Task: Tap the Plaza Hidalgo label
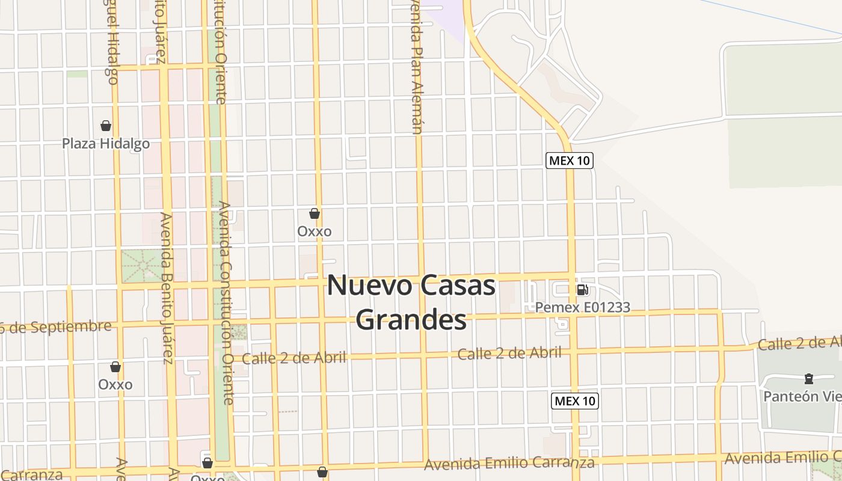coord(106,144)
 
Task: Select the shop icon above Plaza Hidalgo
coord(106,126)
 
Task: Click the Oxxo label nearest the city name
coord(314,231)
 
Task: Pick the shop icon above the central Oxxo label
coord(314,213)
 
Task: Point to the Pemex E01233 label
coord(582,308)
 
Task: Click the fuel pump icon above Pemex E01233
coord(582,290)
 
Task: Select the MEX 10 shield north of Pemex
coord(569,161)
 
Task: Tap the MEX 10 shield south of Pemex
coord(575,401)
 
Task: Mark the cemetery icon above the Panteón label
coord(808,379)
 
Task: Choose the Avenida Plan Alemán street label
coord(416,66)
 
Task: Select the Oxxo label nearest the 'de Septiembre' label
coord(115,384)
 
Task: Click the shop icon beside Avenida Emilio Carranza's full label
coord(322,472)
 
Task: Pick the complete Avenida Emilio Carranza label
coord(509,463)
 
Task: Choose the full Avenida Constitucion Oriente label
coord(226,302)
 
